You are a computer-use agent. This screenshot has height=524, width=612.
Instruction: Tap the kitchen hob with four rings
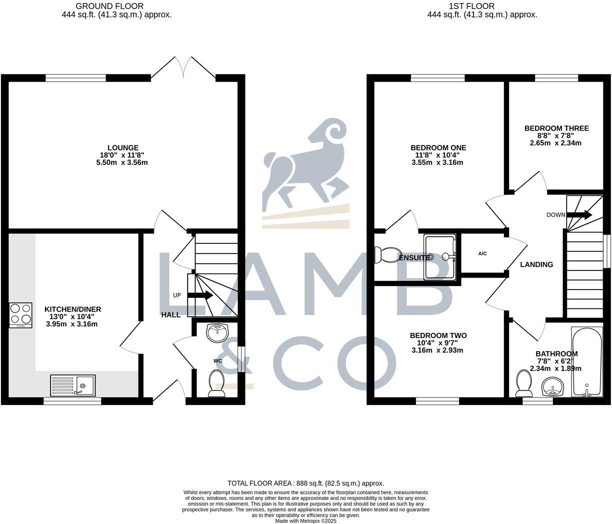(x=20, y=314)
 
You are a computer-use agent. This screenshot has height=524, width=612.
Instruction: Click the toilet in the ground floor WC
(x=216, y=383)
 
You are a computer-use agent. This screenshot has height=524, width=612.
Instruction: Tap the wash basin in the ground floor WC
(x=217, y=332)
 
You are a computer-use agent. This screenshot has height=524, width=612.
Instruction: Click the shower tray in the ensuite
(x=440, y=257)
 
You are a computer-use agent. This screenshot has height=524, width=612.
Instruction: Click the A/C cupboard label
(x=482, y=253)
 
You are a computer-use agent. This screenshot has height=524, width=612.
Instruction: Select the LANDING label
(x=536, y=264)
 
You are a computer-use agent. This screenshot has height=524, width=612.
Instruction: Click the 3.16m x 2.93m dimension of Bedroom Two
(x=437, y=350)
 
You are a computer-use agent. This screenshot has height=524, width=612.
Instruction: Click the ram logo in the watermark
(x=305, y=165)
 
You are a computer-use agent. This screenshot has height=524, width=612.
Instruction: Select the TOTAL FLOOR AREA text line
(x=305, y=483)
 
